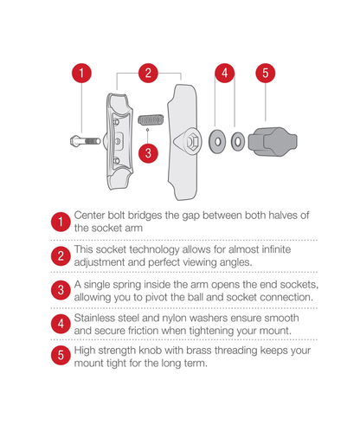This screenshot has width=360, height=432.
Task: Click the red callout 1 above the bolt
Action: (81, 73)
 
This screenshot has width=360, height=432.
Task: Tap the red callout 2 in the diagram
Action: (148, 73)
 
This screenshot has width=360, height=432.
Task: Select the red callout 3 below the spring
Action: (148, 153)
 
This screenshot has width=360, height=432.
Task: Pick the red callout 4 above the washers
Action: (225, 73)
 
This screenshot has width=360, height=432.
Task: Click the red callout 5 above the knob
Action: (266, 73)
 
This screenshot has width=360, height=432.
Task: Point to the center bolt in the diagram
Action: (85, 141)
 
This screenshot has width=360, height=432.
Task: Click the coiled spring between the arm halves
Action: (151, 119)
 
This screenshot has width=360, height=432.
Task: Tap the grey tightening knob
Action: (273, 142)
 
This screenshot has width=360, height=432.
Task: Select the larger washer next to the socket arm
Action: (217, 142)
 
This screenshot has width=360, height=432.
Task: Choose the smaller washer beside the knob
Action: (238, 142)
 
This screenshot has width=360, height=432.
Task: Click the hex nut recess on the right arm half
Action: (192, 142)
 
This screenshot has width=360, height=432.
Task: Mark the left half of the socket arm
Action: (119, 141)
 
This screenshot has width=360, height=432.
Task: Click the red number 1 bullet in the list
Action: (61, 222)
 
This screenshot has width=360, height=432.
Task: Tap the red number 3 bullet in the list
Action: (61, 290)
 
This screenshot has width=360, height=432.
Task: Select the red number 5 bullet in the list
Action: (61, 355)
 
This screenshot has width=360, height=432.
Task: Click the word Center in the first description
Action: (89, 216)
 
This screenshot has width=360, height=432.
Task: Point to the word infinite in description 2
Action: (276, 249)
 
